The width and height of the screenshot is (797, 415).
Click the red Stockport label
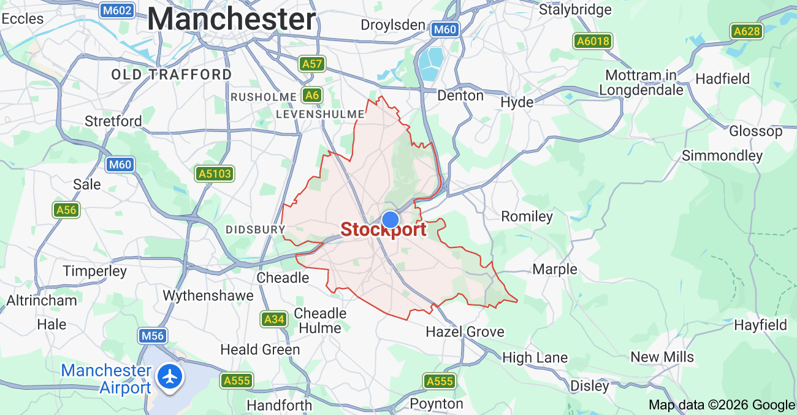pos(383,230)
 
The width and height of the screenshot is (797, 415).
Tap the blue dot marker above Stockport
pos(391,219)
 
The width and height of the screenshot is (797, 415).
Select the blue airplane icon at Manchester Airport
pos(170,376)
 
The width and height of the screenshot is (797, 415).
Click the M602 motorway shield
pos(116,10)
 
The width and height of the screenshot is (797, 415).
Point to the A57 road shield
pos(312,63)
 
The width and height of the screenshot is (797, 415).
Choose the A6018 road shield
pos(593,41)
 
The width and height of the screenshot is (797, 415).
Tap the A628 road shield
pos(746,31)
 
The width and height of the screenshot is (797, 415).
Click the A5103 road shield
pos(215,174)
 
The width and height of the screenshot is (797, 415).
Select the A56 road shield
pos(66,210)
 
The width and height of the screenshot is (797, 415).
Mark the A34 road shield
pos(273,319)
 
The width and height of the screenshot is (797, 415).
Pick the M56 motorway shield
pos(151,336)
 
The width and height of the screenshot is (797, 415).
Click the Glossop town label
pos(755,131)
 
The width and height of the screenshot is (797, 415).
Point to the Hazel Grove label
pos(465,332)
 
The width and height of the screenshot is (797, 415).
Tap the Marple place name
pos(554,269)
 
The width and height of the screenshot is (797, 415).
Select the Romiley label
pos(527,216)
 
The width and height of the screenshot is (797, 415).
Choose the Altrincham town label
pos(42,300)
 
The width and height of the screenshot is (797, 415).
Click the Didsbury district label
pos(255,230)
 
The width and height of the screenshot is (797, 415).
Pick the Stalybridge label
pos(574,10)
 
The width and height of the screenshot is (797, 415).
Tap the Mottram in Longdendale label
pos(641,82)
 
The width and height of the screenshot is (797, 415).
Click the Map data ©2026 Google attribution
pos(721,405)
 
